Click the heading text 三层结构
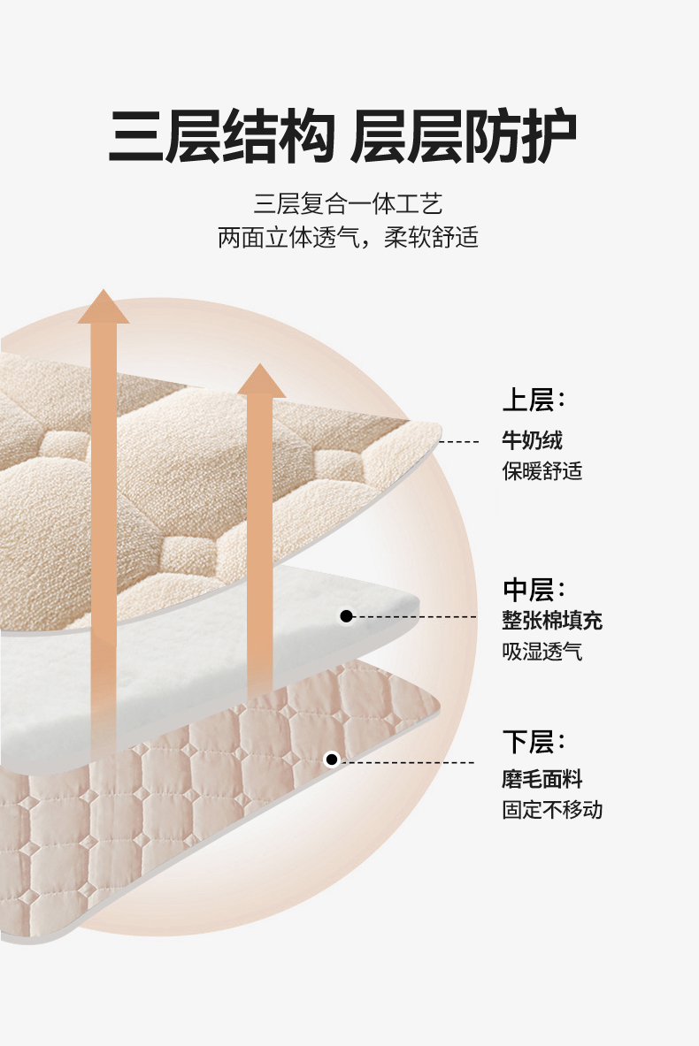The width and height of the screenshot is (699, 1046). [x=221, y=137]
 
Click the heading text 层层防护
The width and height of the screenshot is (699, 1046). [x=465, y=137]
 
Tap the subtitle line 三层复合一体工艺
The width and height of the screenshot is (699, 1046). [x=348, y=205]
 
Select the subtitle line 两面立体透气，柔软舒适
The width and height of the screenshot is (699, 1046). [x=348, y=238]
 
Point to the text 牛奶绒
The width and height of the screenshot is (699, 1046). [x=532, y=439]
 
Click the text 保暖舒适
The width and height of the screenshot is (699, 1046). [x=542, y=470]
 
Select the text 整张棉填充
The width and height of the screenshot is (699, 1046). [x=552, y=621]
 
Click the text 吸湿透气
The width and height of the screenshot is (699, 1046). [x=542, y=653]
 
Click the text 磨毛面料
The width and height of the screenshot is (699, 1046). [x=542, y=779]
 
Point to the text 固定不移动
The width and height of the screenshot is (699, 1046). [x=552, y=809]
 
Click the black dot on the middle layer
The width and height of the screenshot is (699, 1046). [x=347, y=616]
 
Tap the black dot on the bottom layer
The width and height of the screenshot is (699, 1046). [x=332, y=760]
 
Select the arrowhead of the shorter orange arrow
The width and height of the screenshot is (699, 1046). [x=261, y=381]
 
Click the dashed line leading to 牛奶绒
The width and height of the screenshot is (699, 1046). [x=460, y=440]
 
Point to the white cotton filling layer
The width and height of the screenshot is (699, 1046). [x=177, y=681]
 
